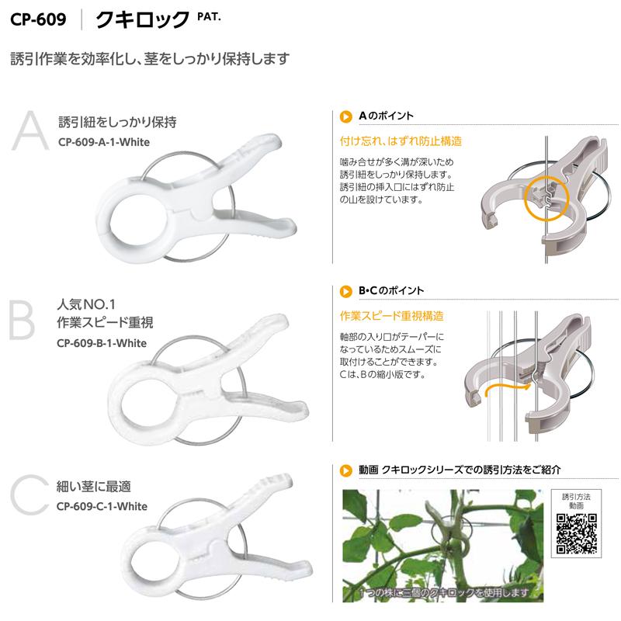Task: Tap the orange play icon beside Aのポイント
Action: [x=346, y=116]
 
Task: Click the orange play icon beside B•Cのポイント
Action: [x=346, y=291]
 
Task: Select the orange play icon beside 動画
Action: [x=346, y=470]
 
